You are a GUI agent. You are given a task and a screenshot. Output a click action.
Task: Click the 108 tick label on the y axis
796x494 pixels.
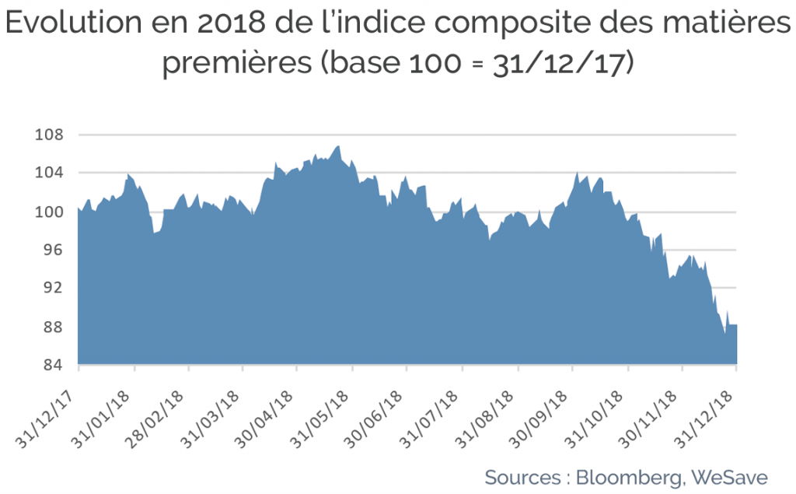pos(49,135)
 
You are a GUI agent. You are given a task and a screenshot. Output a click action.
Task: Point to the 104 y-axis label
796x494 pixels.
pos(49,173)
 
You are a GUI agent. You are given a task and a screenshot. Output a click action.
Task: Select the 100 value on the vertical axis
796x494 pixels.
pos(49,212)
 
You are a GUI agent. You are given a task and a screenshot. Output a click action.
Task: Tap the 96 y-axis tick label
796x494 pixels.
pos(52,250)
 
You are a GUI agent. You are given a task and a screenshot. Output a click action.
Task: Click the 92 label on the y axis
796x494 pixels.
pos(52,288)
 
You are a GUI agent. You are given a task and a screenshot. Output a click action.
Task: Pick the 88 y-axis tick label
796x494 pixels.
pos(52,326)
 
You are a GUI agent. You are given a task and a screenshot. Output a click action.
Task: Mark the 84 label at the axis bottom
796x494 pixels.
pos(52,364)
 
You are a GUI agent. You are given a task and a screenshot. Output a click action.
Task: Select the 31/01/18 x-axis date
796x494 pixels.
pos(100,420)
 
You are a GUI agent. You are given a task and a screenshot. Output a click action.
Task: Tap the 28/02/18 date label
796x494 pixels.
pos(155,420)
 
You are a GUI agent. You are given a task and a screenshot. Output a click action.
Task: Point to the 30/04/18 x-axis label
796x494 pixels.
pos(264,420)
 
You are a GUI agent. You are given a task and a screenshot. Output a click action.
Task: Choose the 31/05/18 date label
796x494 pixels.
pos(319,420)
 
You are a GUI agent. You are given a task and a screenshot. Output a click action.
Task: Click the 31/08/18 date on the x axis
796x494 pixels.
pos(484,420)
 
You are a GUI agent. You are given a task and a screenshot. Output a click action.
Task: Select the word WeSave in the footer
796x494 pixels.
pos(729,477)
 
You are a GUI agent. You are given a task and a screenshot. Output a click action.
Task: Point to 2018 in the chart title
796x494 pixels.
pos(232,23)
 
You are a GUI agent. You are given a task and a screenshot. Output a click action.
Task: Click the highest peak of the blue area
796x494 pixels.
pos(338,146)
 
